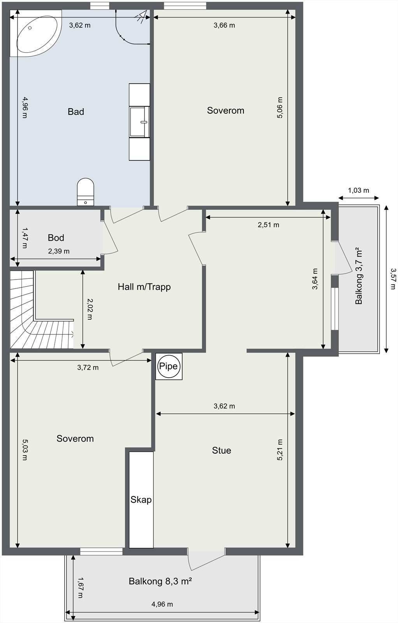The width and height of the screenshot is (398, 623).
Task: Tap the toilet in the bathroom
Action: tap(86, 191)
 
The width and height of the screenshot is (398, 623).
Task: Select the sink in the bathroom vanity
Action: tap(139, 121)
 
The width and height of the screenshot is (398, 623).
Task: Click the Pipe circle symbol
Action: tap(169, 366)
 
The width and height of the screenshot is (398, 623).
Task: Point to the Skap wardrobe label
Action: tap(141, 500)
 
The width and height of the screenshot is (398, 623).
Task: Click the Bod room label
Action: tap(56, 238)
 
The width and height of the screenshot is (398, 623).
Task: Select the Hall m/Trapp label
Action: tap(144, 287)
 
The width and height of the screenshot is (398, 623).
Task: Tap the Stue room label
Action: tap(222, 451)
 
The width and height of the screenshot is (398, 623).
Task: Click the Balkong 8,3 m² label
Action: tap(160, 581)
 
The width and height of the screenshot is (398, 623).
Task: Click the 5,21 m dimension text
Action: tap(280, 450)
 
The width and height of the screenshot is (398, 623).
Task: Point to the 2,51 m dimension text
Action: tap(268, 225)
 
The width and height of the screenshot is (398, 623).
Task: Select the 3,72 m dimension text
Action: tap(88, 367)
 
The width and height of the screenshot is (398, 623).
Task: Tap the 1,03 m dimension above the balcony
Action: tap(358, 190)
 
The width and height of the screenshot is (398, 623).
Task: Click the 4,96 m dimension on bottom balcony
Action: tap(162, 604)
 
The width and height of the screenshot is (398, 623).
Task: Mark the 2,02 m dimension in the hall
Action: tap(90, 309)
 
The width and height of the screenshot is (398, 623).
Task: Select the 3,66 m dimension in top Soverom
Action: tap(224, 25)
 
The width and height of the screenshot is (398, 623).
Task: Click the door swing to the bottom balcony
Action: tap(204, 561)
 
